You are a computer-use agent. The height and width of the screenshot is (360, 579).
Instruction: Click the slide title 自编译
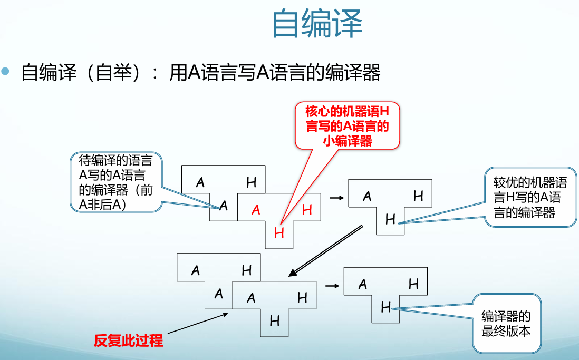tap(317, 24)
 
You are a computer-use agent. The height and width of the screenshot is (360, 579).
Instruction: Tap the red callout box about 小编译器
tap(347, 125)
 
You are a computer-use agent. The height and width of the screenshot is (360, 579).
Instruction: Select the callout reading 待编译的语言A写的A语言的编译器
tap(115, 182)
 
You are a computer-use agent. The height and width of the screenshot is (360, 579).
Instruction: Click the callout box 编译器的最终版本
tap(506, 324)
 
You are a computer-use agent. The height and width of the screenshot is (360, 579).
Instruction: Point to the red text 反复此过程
tap(128, 340)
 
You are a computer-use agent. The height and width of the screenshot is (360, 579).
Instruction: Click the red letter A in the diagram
tap(256, 210)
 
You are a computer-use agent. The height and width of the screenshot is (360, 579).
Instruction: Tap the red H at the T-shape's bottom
tap(279, 232)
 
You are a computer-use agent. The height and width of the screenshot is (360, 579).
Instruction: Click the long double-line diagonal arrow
tap(325, 250)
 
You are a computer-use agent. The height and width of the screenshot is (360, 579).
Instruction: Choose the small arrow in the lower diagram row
tap(331, 286)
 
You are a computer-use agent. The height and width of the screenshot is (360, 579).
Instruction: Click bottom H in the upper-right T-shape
tap(390, 219)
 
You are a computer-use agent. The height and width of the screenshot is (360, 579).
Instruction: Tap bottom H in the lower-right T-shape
tap(386, 307)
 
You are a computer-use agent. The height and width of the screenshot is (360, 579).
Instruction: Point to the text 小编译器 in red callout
tap(347, 141)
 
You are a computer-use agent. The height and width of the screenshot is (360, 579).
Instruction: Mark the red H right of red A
tap(307, 210)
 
